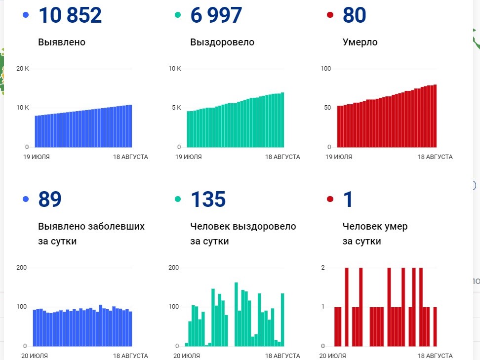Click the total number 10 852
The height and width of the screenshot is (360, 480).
(x=70, y=15)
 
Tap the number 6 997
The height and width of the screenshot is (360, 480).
(x=216, y=15)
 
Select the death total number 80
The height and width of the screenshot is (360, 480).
(x=354, y=15)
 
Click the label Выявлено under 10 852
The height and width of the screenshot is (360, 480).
(x=62, y=42)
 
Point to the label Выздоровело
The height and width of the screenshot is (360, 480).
(x=222, y=42)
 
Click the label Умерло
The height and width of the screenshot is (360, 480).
(x=360, y=42)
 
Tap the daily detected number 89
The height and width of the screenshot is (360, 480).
(x=49, y=200)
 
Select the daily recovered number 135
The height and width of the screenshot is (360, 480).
(x=208, y=200)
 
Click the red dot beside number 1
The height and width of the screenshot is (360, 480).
(x=330, y=200)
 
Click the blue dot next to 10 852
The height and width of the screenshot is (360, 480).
(x=26, y=15)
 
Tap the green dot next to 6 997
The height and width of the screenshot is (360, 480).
(x=178, y=15)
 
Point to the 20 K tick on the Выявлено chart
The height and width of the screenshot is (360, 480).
(x=23, y=69)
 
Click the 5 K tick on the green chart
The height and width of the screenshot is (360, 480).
(x=175, y=108)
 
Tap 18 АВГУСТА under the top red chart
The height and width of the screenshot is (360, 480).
(x=435, y=157)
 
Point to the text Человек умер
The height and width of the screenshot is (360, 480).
(x=375, y=227)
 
